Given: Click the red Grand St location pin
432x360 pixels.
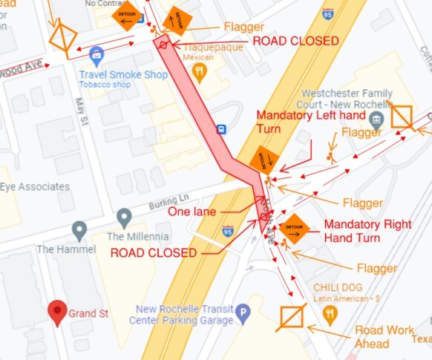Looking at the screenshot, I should [x=57, y=312].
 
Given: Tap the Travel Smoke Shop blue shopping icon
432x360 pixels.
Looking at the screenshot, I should [x=96, y=53].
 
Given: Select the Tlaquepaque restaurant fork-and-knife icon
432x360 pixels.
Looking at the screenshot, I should [x=198, y=71].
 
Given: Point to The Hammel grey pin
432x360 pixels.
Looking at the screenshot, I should [x=79, y=232].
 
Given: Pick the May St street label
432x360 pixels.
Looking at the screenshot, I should [x=82, y=110].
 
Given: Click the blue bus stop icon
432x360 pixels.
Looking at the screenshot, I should [x=221, y=128].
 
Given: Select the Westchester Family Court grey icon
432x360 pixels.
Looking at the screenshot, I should [x=376, y=120].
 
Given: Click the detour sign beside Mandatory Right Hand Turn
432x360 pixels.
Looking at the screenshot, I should [x=294, y=228].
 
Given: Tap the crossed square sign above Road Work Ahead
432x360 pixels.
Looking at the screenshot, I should [x=292, y=317].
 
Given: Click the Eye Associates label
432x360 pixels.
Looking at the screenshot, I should [x=35, y=186].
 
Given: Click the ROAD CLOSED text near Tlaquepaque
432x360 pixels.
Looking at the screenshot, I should [x=295, y=41].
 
